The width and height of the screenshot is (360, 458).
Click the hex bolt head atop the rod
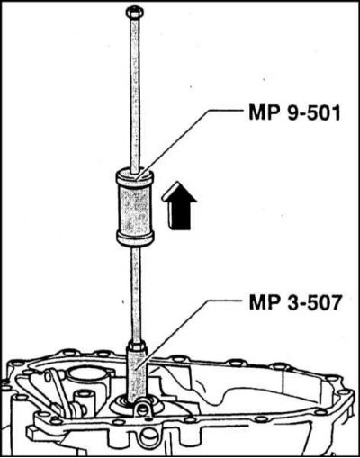tap(134, 12)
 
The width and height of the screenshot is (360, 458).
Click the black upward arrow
tap(179, 206)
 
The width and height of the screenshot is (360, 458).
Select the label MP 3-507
tap(295, 303)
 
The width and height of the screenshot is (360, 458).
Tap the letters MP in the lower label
tap(264, 303)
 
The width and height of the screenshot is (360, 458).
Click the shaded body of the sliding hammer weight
tap(135, 209)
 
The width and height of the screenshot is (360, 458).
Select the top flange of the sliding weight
tap(135, 177)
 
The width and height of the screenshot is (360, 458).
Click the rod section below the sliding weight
tap(137, 294)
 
